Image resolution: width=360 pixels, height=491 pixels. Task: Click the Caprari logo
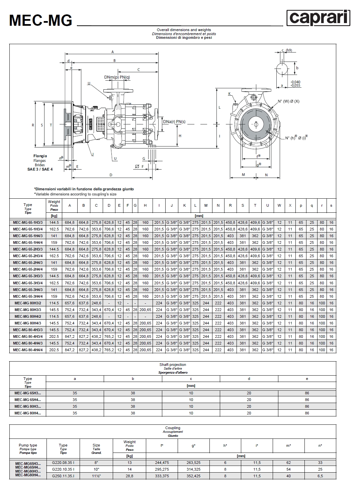[x=318, y=18]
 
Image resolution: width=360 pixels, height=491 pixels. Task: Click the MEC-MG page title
[x=41, y=20]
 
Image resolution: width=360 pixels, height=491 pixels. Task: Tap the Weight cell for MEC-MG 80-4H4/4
[x=54, y=350]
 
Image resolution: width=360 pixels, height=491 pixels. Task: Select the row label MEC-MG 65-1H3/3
[x=28, y=222]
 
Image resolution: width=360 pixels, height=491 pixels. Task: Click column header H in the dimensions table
[x=145, y=205]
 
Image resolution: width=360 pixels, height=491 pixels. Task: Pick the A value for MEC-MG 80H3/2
[x=70, y=303]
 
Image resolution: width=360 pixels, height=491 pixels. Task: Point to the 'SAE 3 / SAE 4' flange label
[x=40, y=169]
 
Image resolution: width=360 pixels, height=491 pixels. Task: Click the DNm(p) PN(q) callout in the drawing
[x=117, y=77]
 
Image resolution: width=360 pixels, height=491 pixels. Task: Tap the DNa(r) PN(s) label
[x=174, y=122]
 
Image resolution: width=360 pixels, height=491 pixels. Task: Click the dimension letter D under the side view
[x=111, y=175]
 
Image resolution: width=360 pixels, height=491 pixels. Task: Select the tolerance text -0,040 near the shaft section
[x=295, y=82]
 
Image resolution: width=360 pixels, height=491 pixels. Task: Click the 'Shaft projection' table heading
[x=173, y=365]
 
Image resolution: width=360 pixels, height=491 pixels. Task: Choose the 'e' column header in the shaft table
[x=307, y=379]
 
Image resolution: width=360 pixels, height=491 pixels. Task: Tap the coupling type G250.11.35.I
[x=63, y=476]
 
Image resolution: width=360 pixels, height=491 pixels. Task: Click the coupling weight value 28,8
[x=129, y=476]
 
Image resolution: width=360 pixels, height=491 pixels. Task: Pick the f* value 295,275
[x=162, y=469]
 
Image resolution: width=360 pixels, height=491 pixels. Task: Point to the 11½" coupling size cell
[x=96, y=476]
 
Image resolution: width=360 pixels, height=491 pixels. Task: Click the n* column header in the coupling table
[x=320, y=446]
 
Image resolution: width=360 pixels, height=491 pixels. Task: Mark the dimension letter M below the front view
[x=243, y=175]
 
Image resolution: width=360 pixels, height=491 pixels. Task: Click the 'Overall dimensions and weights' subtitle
[x=184, y=30]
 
